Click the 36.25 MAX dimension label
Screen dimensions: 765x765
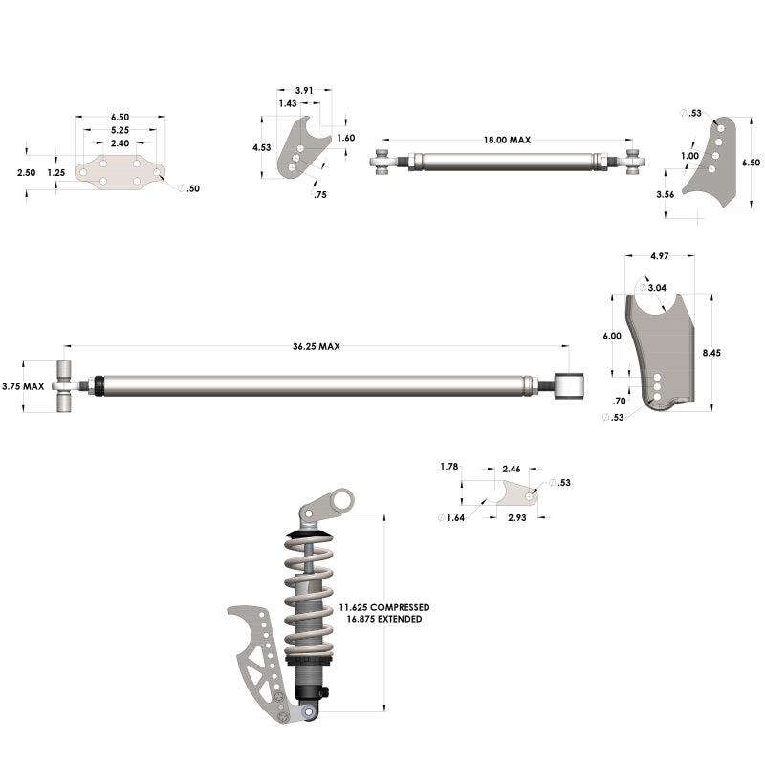pyautogui.click(x=317, y=346)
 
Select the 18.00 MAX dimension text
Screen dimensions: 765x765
pyautogui.click(x=507, y=140)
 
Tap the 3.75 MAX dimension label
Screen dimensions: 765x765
pyautogui.click(x=22, y=386)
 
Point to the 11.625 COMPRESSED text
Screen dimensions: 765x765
pyautogui.click(x=384, y=607)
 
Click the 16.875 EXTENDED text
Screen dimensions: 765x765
pyautogui.click(x=384, y=619)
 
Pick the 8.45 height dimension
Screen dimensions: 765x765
pyautogui.click(x=711, y=353)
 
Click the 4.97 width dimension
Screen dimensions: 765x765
pyautogui.click(x=660, y=256)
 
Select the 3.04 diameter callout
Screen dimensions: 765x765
pyautogui.click(x=657, y=287)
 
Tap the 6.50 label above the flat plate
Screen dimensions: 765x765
pyautogui.click(x=120, y=118)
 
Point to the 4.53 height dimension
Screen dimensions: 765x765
pyautogui.click(x=261, y=148)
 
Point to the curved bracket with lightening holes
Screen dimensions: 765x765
pyautogui.click(x=255, y=660)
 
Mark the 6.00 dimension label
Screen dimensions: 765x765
pyautogui.click(x=612, y=336)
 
